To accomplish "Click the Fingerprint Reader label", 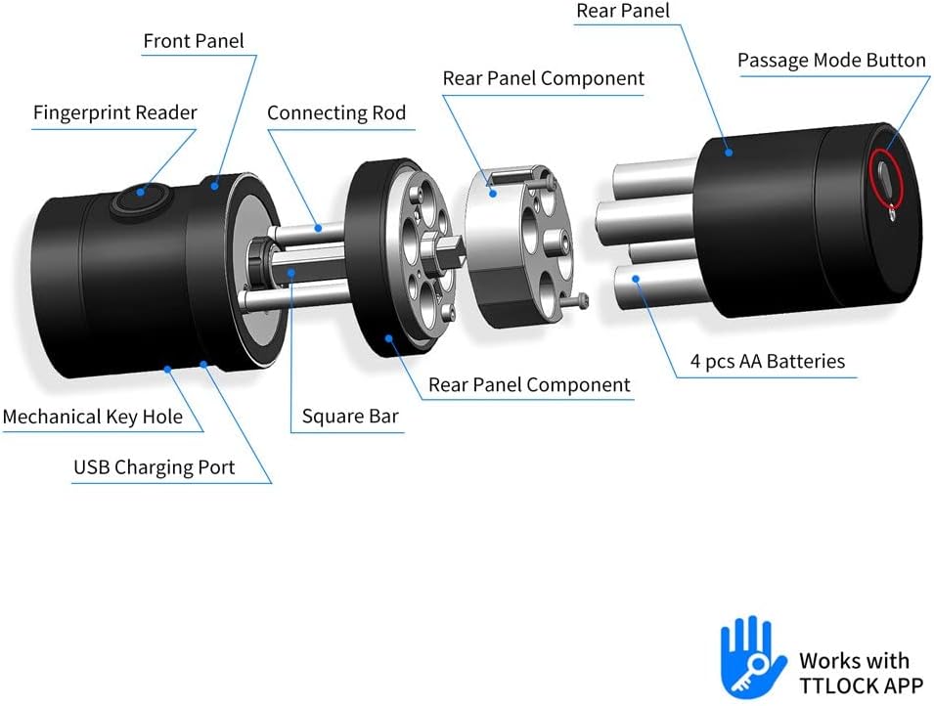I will click(114, 112).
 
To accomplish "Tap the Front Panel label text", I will click(193, 41).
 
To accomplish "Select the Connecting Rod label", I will click(335, 112).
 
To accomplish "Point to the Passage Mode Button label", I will click(830, 61).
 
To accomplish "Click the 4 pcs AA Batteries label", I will click(767, 361).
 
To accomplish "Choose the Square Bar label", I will click(349, 417).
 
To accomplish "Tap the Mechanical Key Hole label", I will click(92, 417).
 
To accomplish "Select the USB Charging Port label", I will click(154, 466).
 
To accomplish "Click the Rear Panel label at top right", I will click(622, 11).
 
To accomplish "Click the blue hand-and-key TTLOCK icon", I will click(752, 656).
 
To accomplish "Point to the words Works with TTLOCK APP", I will click(853, 672).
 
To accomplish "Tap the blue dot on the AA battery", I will click(636, 280).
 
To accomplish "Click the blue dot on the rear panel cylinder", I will click(729, 149).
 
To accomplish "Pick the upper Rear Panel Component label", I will click(543, 77).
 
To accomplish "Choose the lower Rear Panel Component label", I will click(529, 384).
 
